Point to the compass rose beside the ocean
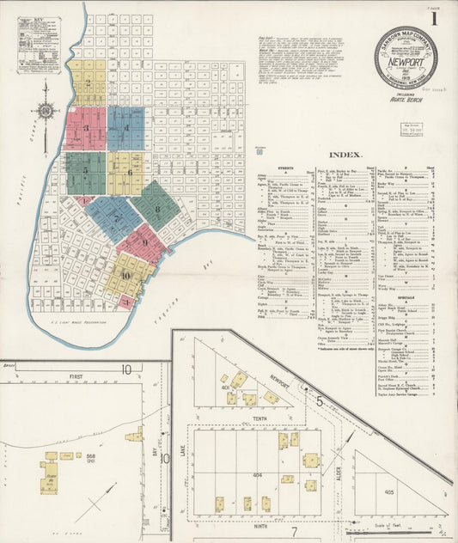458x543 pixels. click(45, 112)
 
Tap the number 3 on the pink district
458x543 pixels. click(86, 129)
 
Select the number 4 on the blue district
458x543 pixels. click(126, 129)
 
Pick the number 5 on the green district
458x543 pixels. click(86, 170)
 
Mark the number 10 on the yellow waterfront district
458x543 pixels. click(126, 275)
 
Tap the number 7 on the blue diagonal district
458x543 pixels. click(117, 218)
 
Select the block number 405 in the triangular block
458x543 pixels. click(388, 492)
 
